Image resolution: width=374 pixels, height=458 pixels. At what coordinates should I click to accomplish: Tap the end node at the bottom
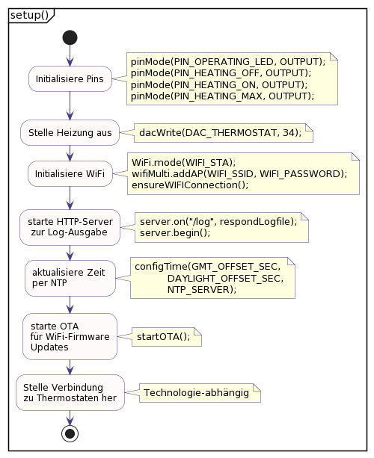click(70, 433)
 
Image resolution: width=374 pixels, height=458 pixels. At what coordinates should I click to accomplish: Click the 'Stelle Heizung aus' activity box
click(70, 132)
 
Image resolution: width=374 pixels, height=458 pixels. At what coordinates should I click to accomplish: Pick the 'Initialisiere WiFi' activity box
click(70, 174)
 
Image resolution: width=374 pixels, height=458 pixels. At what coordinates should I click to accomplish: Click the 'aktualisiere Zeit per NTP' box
click(70, 277)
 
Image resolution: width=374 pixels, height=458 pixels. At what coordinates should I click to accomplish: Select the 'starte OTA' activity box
click(70, 336)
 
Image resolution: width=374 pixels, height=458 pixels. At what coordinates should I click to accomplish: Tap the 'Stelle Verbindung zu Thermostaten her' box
click(70, 392)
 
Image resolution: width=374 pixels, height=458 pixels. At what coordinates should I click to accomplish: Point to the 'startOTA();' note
click(164, 336)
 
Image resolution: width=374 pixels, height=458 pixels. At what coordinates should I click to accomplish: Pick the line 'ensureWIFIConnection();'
click(190, 185)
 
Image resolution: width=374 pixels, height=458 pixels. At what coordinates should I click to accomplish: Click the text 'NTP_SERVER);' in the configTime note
click(201, 288)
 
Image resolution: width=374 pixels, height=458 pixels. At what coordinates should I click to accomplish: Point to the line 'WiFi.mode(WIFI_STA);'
click(183, 162)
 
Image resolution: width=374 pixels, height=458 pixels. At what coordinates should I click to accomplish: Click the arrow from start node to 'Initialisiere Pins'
click(70, 56)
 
